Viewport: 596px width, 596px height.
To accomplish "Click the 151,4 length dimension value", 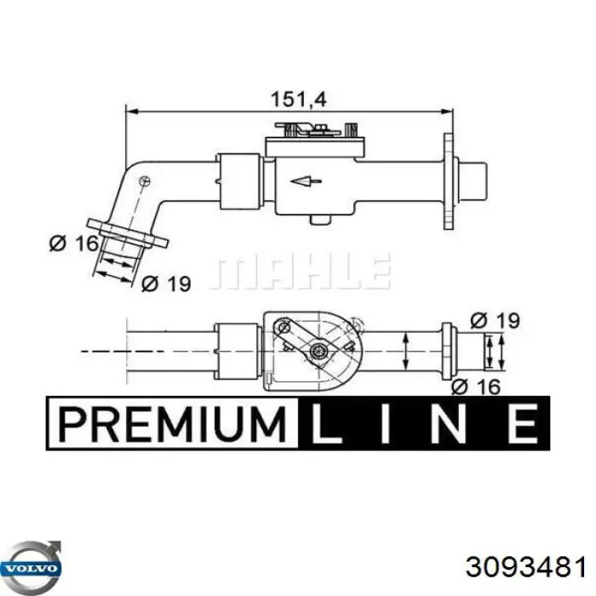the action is pyautogui.click(x=298, y=100).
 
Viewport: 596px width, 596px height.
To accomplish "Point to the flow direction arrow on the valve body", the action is pyautogui.click(x=306, y=181).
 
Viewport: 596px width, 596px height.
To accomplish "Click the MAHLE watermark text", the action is pyautogui.click(x=301, y=272).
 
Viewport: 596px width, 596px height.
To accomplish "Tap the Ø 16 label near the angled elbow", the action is pyautogui.click(x=74, y=243).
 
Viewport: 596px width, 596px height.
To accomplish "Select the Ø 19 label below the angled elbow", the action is pyautogui.click(x=166, y=284).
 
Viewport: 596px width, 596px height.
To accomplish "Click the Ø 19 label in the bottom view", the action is pyautogui.click(x=495, y=320).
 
